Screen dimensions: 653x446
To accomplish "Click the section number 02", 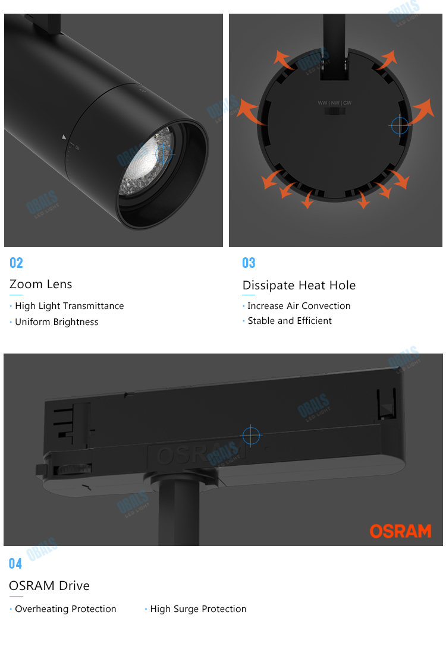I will [x=16, y=263].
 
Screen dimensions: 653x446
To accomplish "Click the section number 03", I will [x=249, y=263].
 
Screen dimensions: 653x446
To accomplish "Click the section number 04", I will [x=15, y=563].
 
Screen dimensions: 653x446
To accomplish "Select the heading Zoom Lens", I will [x=40, y=284].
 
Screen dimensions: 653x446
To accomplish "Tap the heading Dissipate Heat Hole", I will [x=299, y=285].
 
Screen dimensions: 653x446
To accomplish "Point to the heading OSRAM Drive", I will [x=49, y=586].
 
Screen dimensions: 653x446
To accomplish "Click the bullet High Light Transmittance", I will [x=69, y=306].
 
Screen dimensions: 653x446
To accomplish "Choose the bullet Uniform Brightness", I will [x=56, y=322].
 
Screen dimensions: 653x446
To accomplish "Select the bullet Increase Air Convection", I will [x=299, y=306].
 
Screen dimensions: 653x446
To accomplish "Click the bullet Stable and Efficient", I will [x=290, y=321].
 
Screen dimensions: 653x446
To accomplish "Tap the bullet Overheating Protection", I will [x=65, y=609].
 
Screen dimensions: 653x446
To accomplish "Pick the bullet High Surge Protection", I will [x=198, y=609].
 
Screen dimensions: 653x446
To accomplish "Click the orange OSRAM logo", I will [x=400, y=531].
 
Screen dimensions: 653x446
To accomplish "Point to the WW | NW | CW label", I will [x=334, y=103].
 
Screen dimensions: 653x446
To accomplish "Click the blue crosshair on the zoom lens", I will [x=164, y=154].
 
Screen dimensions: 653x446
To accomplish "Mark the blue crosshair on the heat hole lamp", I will [x=400, y=125].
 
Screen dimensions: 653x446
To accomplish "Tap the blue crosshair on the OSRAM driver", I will [x=252, y=436].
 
